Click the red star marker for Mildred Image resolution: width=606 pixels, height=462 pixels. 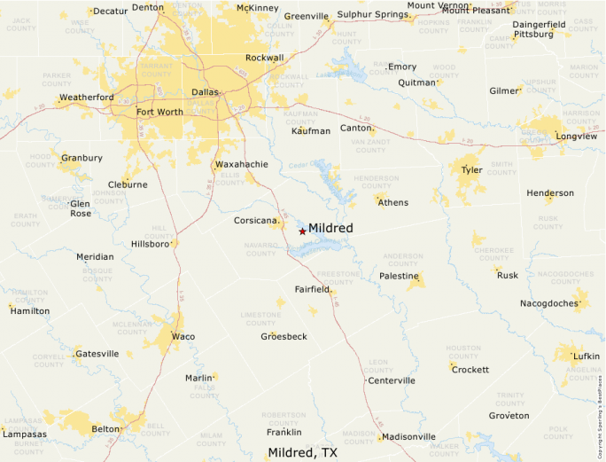[302, 231]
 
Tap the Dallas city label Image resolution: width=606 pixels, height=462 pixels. [205, 92]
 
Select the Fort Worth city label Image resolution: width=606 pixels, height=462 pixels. [159, 113]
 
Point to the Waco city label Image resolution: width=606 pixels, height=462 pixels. [183, 337]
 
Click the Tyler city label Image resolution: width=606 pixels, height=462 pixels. [471, 169]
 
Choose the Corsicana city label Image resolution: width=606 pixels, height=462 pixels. [256, 220]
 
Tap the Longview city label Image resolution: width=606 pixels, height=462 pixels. [577, 137]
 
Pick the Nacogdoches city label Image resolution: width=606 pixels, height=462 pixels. [548, 303]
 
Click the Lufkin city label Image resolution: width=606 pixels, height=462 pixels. [587, 356]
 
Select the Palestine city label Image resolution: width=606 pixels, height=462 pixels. [399, 277]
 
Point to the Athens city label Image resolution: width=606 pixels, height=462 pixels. [393, 202]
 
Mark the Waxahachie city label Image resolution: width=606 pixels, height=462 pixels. [241, 165]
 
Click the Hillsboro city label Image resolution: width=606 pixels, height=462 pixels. [150, 244]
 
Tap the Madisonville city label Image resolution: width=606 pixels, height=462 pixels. [409, 436]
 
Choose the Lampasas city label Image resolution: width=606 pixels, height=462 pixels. [25, 435]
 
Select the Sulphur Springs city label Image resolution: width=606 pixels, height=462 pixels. [372, 15]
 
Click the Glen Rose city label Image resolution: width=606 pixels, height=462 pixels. [81, 208]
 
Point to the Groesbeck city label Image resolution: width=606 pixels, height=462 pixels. [284, 337]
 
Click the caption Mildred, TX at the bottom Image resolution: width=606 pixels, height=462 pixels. [303, 452]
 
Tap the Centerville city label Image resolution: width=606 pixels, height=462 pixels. [392, 380]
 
